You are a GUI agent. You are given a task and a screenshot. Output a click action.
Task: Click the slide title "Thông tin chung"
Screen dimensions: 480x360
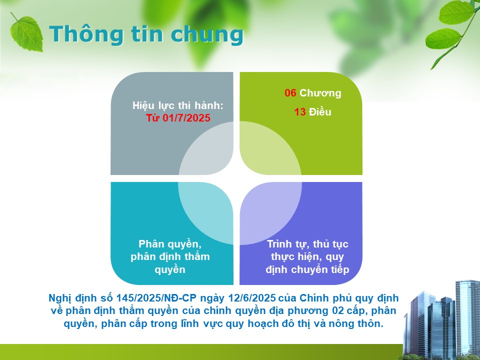[146, 34]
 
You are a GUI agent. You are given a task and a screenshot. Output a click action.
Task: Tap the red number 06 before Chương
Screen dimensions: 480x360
[290, 93]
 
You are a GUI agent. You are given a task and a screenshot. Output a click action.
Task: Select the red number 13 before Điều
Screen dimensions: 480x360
[300, 112]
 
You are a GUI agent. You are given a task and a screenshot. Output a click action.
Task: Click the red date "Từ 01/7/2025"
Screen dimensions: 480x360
[178, 118]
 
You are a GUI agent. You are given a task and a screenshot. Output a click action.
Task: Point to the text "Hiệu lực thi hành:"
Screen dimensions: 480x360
[178, 105]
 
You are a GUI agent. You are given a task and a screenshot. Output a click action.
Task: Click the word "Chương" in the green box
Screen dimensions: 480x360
[320, 93]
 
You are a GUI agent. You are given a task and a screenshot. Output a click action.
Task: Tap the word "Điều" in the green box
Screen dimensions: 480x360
[320, 111]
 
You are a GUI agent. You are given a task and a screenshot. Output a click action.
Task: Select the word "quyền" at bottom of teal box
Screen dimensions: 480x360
[170, 270]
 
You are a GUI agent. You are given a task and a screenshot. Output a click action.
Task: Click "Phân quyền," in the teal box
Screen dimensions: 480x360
[170, 244]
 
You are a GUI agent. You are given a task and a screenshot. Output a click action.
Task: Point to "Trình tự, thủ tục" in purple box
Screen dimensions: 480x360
[307, 244]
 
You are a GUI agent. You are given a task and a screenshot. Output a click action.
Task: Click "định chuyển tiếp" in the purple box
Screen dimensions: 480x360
[307, 269]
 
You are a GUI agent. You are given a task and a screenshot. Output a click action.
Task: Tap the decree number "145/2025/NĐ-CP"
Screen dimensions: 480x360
[156, 298]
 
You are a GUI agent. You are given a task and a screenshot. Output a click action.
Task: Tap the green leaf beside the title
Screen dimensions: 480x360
[26, 33]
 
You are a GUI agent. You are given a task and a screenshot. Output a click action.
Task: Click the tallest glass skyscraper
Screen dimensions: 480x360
[468, 318]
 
